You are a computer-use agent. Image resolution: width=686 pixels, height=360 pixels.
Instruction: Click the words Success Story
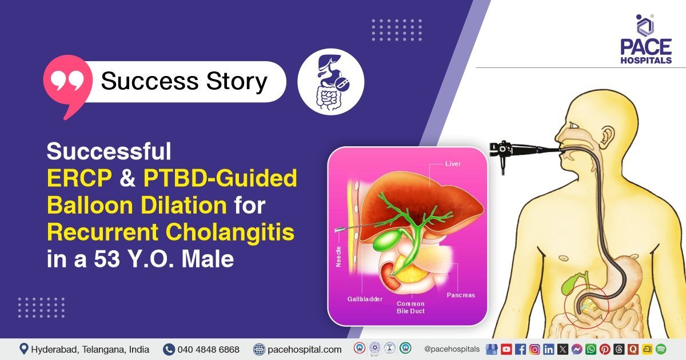184,82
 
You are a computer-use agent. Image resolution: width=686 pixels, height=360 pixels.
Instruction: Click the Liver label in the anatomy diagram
452,164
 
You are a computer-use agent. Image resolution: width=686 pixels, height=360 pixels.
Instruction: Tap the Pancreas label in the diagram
461,295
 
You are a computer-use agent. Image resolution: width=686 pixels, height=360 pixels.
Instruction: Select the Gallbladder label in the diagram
364,299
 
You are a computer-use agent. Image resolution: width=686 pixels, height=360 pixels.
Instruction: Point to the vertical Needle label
338,257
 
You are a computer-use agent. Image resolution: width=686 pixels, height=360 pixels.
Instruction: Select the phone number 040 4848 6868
208,349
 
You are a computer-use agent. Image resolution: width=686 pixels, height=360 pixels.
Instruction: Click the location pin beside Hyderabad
24,349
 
